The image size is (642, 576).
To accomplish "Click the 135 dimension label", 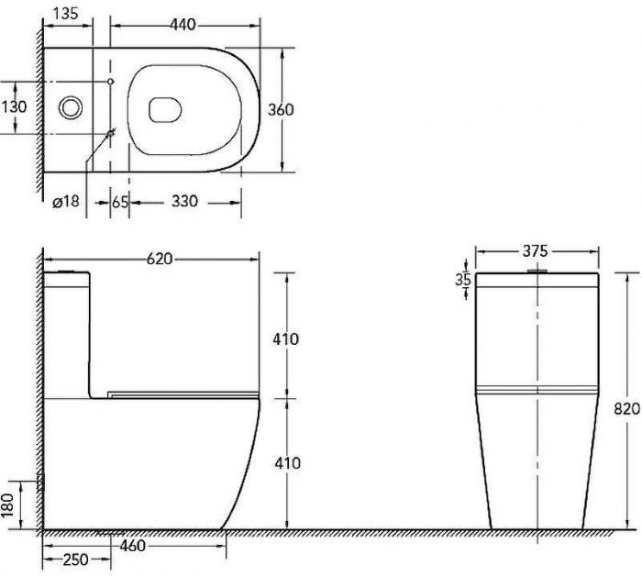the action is [x=65, y=13].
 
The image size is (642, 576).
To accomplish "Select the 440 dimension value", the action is [x=183, y=25].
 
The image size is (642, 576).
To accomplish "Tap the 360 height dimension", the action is [x=281, y=109].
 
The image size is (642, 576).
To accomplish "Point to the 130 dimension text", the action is [x=14, y=106].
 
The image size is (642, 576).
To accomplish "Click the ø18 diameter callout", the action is [x=65, y=201].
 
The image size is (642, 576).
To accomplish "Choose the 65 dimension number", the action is [x=120, y=202].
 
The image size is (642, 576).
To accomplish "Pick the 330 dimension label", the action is [x=184, y=201].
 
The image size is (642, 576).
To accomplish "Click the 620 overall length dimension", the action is [x=160, y=259].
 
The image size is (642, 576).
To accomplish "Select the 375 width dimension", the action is [x=535, y=250].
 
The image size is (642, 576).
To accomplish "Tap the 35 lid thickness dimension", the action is [x=463, y=280].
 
